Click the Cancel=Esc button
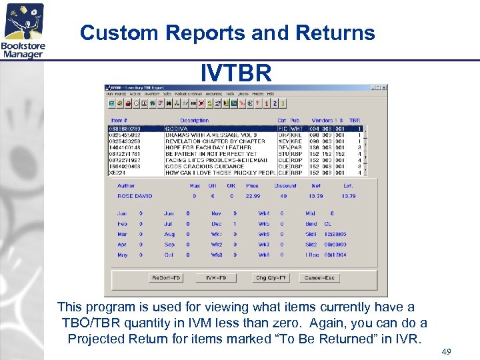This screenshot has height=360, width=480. (x=319, y=277)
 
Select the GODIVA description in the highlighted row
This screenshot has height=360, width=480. (x=177, y=129)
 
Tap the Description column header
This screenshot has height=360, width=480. (x=194, y=121)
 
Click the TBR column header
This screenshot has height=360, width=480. (x=355, y=121)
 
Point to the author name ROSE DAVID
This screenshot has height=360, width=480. (x=135, y=196)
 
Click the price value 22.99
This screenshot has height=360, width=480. (x=253, y=196)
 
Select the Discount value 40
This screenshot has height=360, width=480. (x=283, y=196)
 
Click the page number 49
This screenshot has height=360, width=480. (x=446, y=351)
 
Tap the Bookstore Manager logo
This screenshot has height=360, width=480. (x=24, y=31)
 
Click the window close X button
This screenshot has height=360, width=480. (x=383, y=87)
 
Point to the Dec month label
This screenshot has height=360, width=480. (x=216, y=224)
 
